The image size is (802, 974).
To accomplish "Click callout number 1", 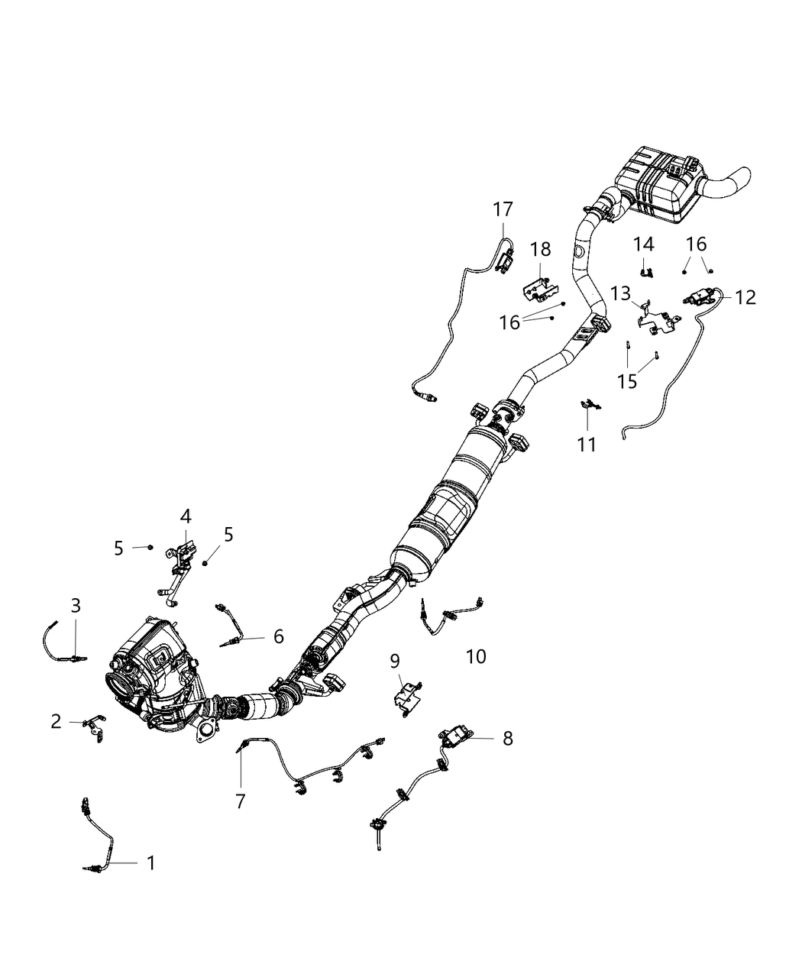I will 150,863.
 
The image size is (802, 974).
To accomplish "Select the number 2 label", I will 56,720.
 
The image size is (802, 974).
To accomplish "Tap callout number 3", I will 76,606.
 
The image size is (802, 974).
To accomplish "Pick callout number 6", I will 278,636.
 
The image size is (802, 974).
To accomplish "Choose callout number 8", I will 507,738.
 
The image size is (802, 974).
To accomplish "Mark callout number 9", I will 395,660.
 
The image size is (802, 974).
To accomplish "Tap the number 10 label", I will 475,656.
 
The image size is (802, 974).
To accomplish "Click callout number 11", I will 587,444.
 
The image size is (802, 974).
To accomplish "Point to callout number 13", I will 620,293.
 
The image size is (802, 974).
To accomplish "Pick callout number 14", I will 643,244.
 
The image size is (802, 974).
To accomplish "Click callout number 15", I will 627,381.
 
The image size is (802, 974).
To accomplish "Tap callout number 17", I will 503,209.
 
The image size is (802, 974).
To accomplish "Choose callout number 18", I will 540,248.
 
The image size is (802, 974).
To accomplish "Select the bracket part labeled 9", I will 406,698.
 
